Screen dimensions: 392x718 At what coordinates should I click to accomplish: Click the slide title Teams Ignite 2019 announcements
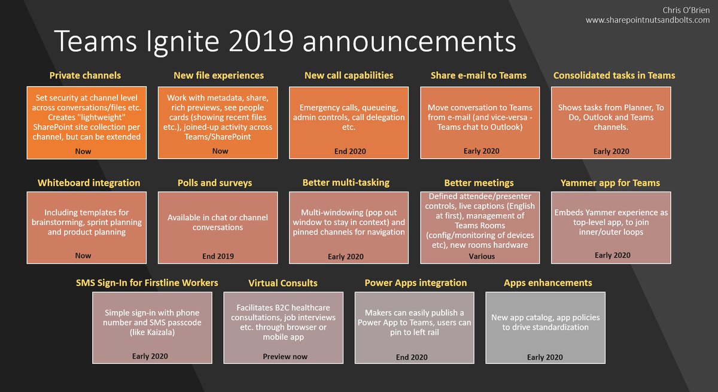pyautogui.click(x=285, y=42)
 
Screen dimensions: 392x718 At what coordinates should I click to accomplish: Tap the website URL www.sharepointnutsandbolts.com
pyautogui.click(x=647, y=20)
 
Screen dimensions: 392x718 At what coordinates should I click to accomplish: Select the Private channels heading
pyautogui.click(x=85, y=75)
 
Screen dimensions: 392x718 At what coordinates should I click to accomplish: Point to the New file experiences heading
pyautogui.click(x=218, y=75)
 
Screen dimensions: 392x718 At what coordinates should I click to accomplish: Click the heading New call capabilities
pyautogui.click(x=349, y=75)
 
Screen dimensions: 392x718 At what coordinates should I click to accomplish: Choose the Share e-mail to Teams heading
pyautogui.click(x=479, y=75)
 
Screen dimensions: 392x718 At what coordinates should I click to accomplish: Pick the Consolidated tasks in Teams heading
pyautogui.click(x=614, y=75)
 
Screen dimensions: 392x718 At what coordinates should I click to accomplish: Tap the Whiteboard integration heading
pyautogui.click(x=89, y=183)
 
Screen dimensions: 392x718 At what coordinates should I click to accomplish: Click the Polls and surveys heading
pyautogui.click(x=214, y=183)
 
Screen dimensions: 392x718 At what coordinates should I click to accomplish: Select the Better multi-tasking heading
pyautogui.click(x=346, y=183)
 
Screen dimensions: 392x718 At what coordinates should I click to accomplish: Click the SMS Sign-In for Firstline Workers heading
pyautogui.click(x=147, y=282)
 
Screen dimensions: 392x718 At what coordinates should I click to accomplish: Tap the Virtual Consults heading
pyautogui.click(x=283, y=282)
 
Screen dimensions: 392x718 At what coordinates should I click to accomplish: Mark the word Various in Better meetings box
pyautogui.click(x=482, y=256)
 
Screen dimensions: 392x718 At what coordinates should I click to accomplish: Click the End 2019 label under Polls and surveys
pyautogui.click(x=218, y=256)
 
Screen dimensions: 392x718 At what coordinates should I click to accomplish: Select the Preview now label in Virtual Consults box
pyautogui.click(x=285, y=356)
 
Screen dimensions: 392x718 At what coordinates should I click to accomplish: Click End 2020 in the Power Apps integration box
pyautogui.click(x=412, y=357)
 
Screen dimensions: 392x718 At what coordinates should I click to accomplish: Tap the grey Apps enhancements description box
pyautogui.click(x=545, y=327)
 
